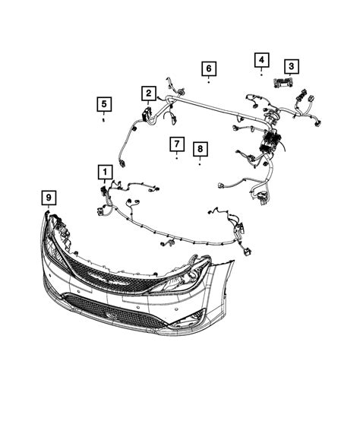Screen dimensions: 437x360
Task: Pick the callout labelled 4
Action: (x=261, y=59)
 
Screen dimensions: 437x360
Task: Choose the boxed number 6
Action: (x=208, y=69)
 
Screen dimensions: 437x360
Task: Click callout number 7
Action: (x=176, y=144)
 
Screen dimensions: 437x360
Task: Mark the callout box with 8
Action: (x=200, y=149)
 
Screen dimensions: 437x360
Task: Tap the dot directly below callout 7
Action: (x=176, y=160)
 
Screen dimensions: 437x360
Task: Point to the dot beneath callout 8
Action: (x=200, y=164)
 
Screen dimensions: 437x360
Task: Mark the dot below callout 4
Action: (x=261, y=74)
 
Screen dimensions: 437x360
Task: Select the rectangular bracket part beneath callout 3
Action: (x=286, y=84)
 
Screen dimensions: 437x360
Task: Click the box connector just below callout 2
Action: (x=146, y=114)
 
